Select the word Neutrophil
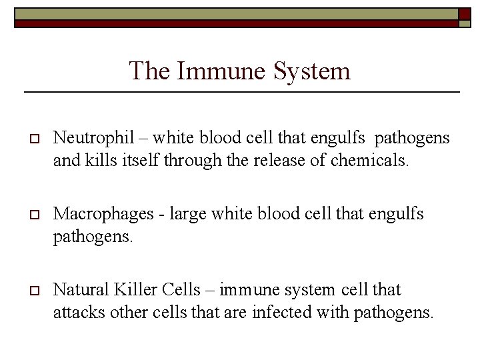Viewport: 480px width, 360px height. (x=93, y=138)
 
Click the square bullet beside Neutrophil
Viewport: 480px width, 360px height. (x=31, y=139)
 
